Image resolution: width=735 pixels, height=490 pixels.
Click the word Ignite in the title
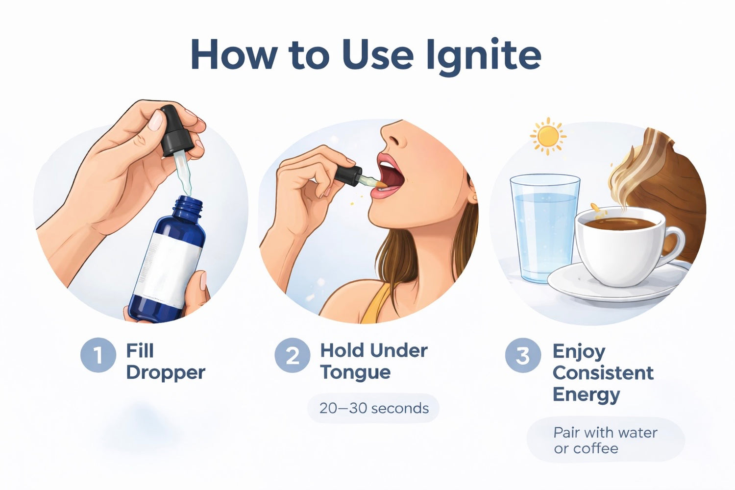click(x=483, y=55)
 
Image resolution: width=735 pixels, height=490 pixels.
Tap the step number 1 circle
click(x=98, y=355)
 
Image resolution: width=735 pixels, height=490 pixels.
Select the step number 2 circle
click(x=293, y=355)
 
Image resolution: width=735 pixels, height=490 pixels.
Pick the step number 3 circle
click(x=523, y=355)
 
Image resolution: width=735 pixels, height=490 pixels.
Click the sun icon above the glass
click(x=548, y=136)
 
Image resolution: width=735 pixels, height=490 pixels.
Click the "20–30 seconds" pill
click(x=373, y=408)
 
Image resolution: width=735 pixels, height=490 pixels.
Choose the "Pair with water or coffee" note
click(x=606, y=440)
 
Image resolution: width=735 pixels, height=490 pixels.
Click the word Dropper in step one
click(x=166, y=373)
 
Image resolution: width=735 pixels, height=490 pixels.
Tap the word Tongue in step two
click(x=355, y=372)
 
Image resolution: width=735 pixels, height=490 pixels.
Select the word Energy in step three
click(x=587, y=395)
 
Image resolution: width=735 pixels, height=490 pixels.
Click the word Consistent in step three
click(x=603, y=373)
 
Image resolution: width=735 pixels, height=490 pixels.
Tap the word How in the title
click(x=233, y=55)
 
